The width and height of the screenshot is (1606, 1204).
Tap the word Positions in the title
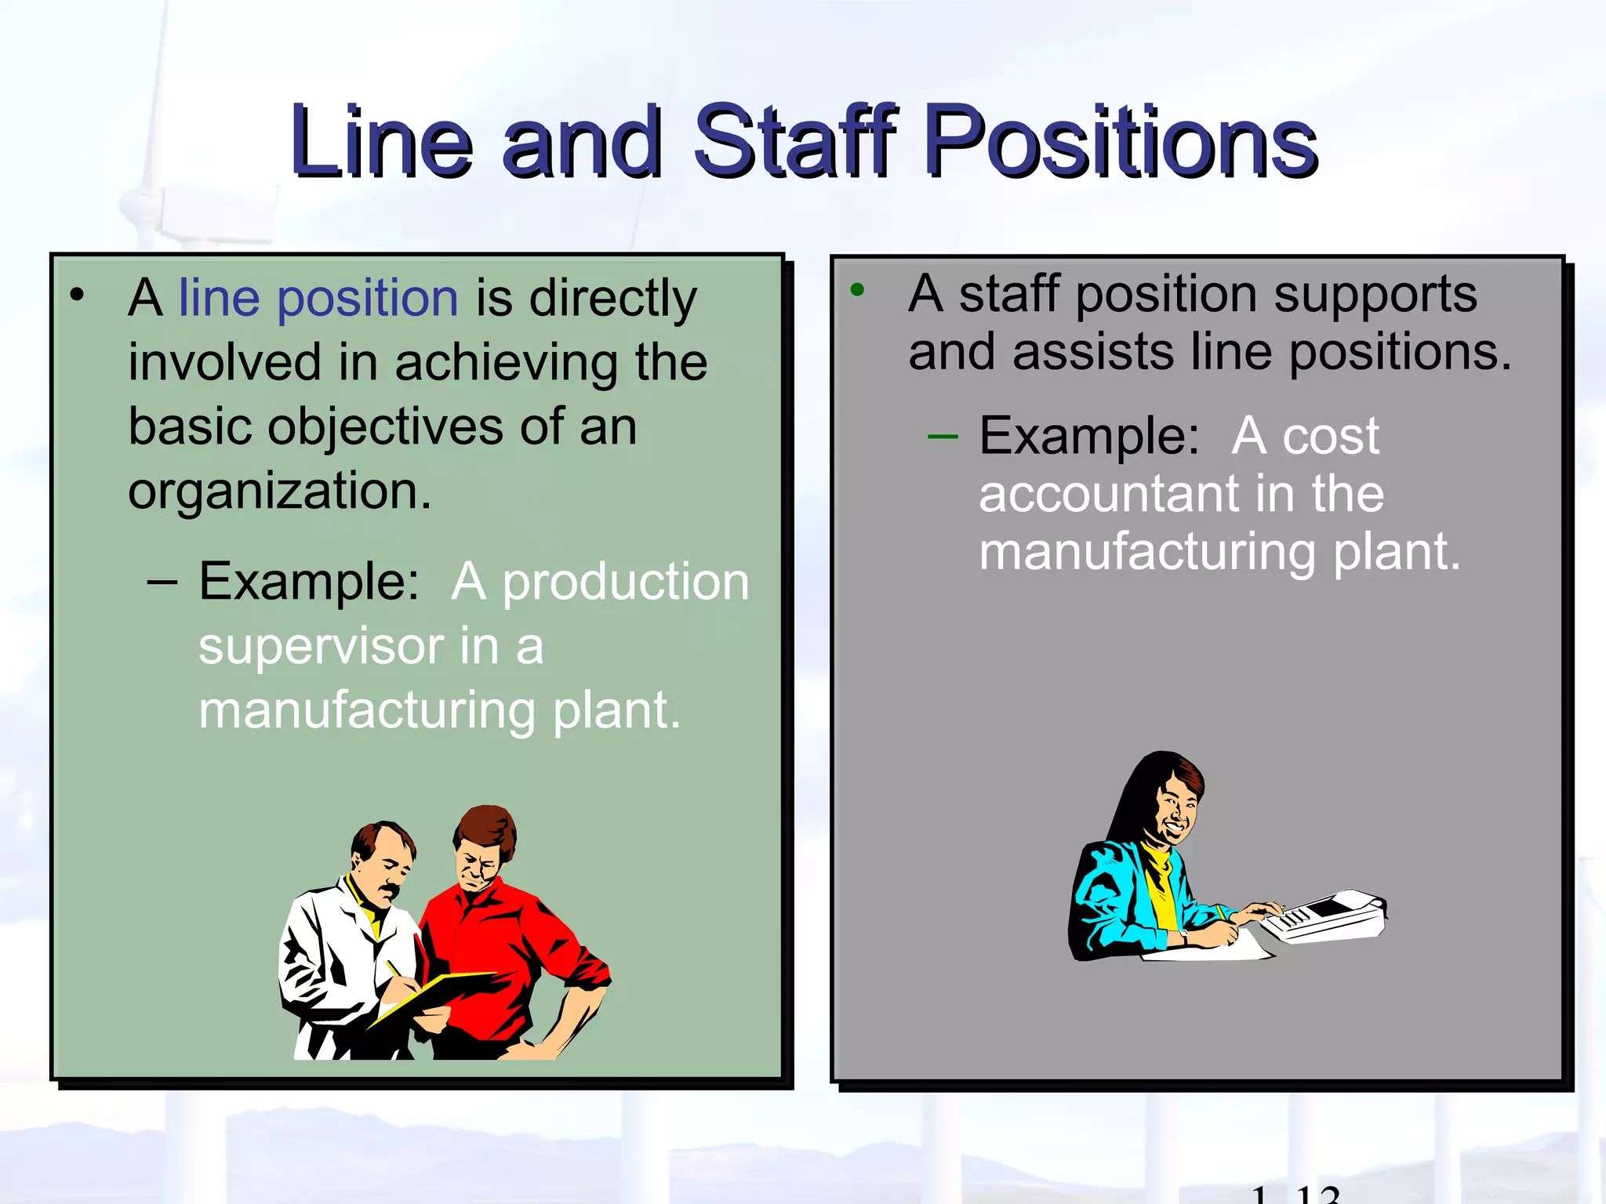point(1121,141)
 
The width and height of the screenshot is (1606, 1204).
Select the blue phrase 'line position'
point(318,299)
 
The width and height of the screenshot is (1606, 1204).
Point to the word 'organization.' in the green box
point(280,492)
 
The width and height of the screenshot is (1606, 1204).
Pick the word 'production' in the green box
point(625,582)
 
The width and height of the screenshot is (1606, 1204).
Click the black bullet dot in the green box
point(77,295)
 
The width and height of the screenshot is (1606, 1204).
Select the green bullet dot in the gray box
point(857,290)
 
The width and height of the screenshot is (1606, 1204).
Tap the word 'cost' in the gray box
point(1331,436)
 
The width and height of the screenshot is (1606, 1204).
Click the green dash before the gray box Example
point(942,437)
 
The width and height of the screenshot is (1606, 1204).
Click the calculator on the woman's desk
point(1325,916)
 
